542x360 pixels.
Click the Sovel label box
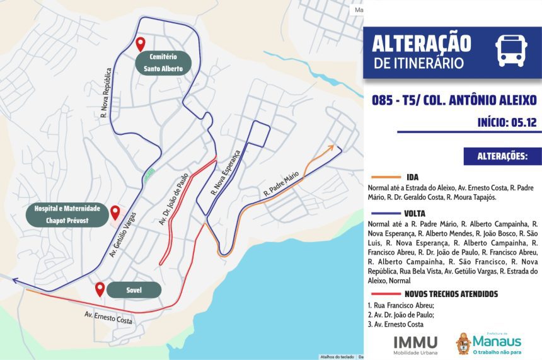tap(133, 290)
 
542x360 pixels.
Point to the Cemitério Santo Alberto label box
tap(162, 63)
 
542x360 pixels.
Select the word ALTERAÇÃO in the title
tap(421, 43)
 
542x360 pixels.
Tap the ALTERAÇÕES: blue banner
tap(502, 156)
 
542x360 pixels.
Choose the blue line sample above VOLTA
tap(386, 213)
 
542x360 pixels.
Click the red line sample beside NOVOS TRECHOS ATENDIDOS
tap(386, 294)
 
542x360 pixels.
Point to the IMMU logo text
tap(415, 341)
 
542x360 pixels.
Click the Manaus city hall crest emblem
tap(463, 343)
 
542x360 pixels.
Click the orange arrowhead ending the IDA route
tap(331, 148)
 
